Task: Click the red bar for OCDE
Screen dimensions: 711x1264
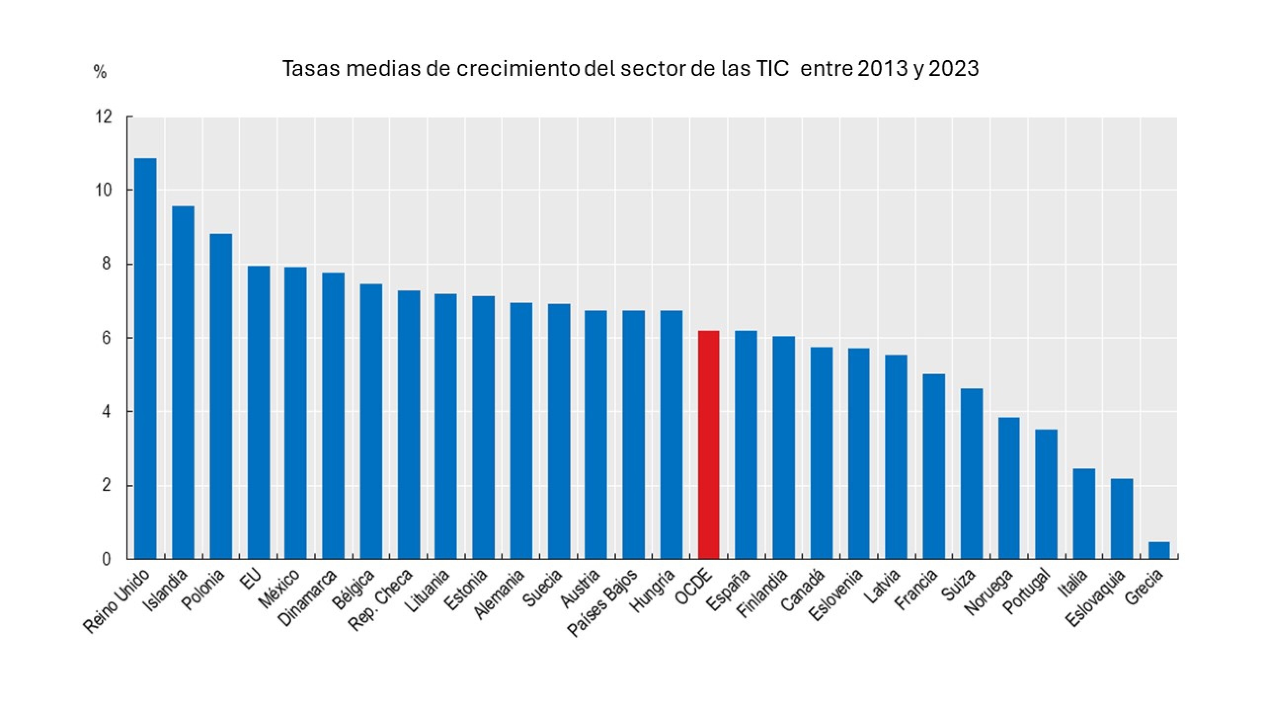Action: [709, 444]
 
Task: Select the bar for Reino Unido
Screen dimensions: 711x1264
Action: [145, 358]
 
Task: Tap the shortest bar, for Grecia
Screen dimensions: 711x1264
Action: [1159, 551]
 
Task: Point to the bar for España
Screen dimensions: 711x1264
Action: [746, 444]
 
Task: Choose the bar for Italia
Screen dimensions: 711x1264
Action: [1084, 513]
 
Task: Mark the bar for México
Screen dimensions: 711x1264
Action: [295, 413]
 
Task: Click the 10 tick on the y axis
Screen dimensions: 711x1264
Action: [104, 190]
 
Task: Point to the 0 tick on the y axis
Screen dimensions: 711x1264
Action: [106, 559]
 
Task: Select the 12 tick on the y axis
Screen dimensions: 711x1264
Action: [104, 117]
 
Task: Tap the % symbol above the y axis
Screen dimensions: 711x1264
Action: [100, 73]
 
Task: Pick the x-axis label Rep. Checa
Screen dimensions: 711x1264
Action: [381, 599]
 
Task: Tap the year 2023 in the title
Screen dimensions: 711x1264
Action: [953, 69]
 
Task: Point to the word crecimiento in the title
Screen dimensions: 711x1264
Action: [517, 69]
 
